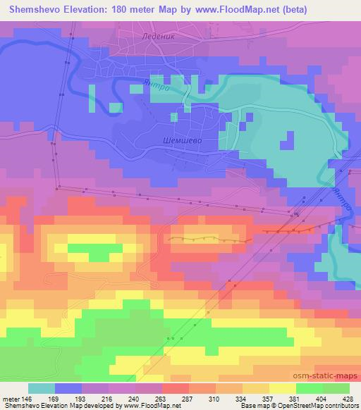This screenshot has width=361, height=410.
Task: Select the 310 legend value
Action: (x=229, y=398)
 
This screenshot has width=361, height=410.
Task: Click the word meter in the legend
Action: (x=11, y=398)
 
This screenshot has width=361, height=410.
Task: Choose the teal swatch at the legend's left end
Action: (x=42, y=388)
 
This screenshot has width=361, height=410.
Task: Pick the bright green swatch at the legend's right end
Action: (x=336, y=388)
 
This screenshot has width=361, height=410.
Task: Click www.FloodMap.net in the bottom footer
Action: (x=149, y=406)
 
